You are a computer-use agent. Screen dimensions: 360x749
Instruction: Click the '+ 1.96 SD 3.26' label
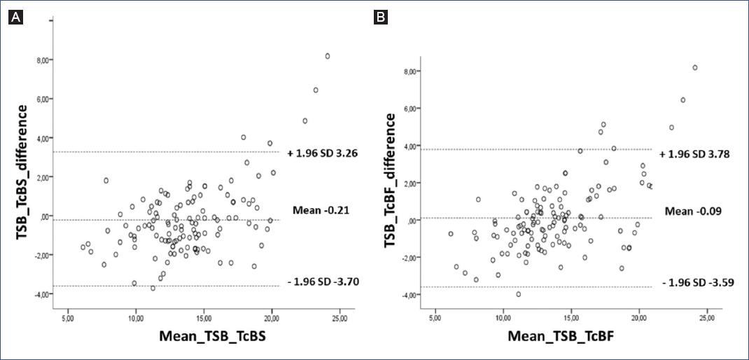click(x=321, y=153)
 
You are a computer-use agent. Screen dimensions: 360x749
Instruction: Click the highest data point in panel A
click(x=327, y=56)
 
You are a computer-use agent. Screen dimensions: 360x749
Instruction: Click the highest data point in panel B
click(x=694, y=68)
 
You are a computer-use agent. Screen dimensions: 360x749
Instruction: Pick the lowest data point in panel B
click(x=518, y=294)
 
